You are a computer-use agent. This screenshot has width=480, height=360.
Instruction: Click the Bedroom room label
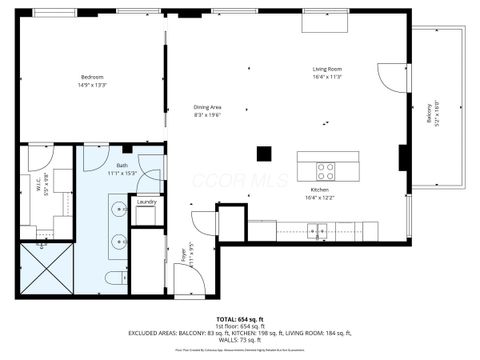(93, 77)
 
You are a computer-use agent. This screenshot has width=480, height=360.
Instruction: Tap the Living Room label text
(327, 69)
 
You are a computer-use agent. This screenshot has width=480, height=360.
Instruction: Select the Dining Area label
(207, 107)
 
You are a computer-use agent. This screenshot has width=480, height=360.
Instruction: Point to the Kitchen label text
(320, 189)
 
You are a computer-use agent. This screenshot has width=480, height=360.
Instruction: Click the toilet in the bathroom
(113, 275)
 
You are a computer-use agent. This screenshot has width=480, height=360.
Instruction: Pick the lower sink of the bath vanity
(118, 240)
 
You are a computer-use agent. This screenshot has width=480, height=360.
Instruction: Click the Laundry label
(147, 202)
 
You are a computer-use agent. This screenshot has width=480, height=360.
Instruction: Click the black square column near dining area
(264, 154)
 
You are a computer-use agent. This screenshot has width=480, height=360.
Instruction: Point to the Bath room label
(122, 165)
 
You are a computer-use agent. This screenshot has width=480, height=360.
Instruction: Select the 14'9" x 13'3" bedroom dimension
(93, 85)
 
